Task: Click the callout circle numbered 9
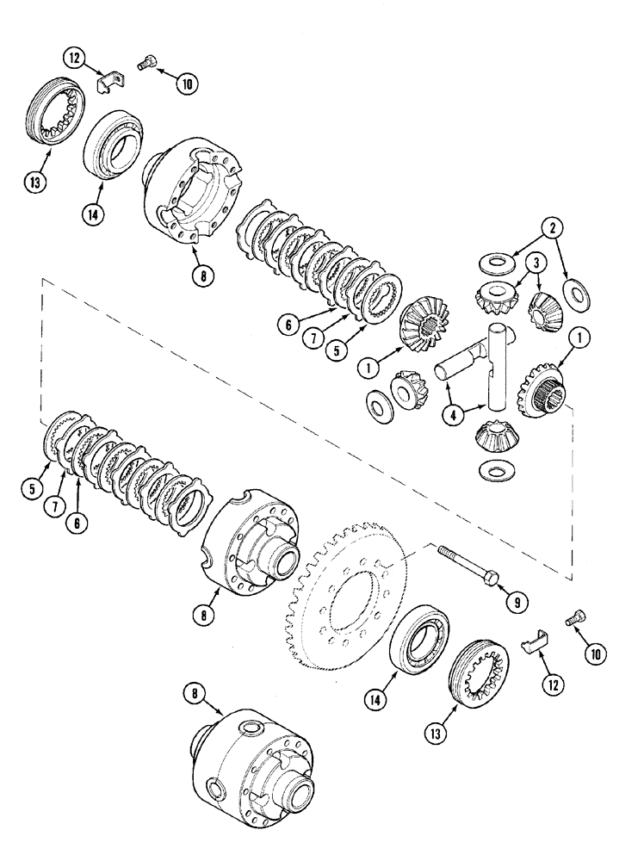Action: coord(517,603)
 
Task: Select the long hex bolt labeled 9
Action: coord(466,567)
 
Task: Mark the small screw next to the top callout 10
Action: coord(147,63)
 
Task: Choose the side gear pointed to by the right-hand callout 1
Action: coord(539,388)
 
